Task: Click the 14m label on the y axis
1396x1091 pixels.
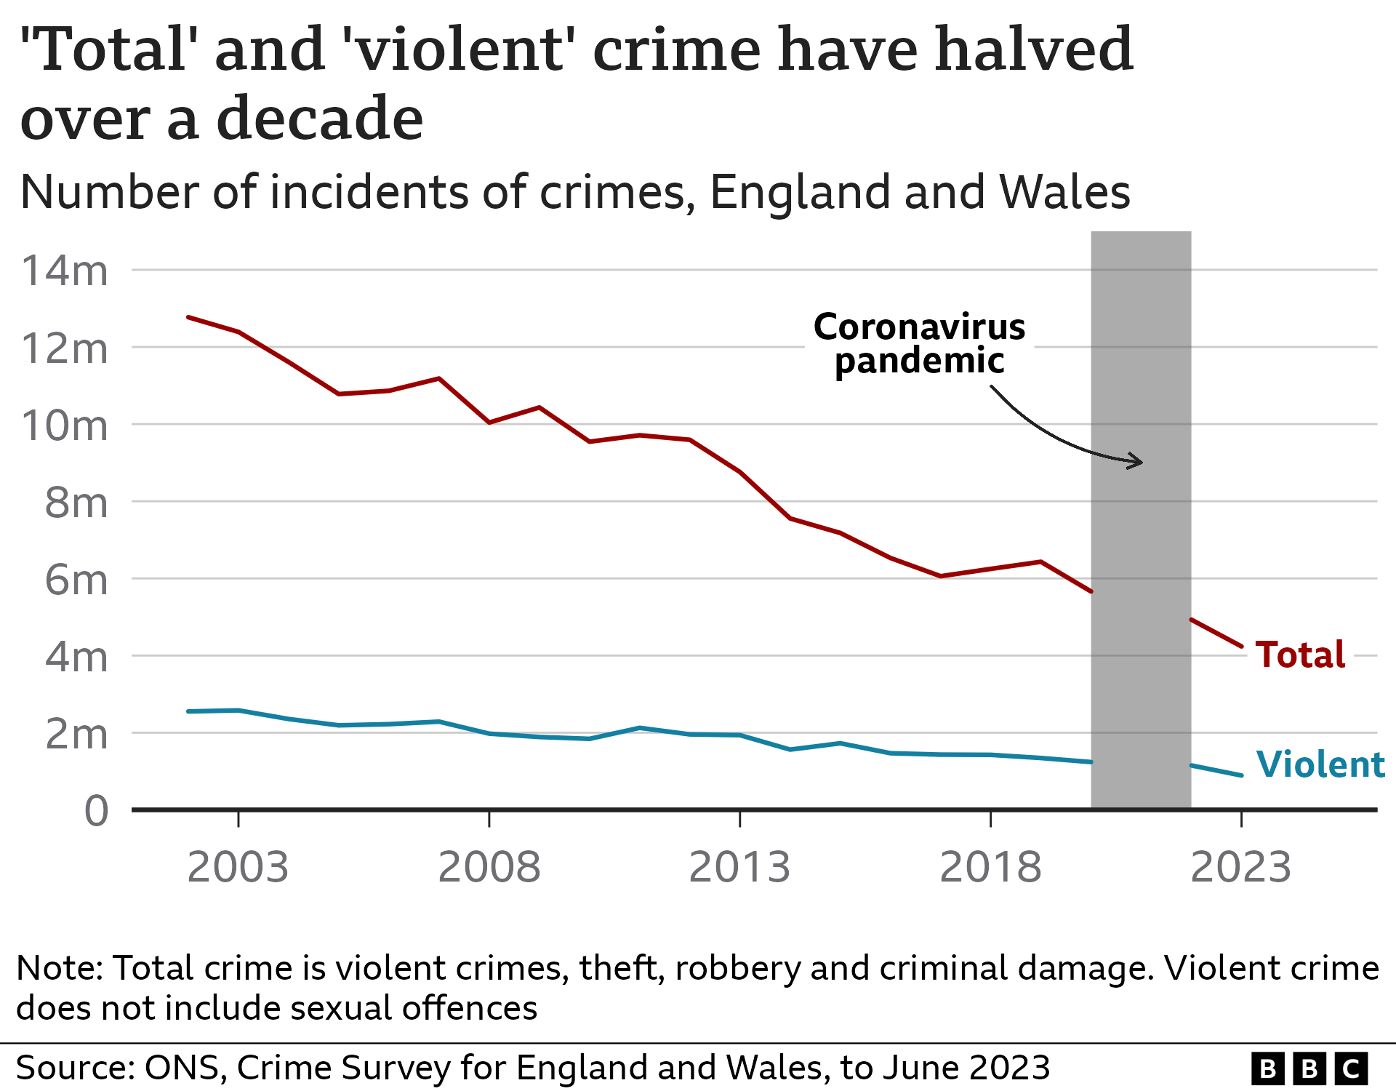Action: (x=65, y=271)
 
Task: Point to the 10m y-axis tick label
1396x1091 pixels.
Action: (x=65, y=425)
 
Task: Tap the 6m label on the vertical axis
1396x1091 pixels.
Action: (x=76, y=580)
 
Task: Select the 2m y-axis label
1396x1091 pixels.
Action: (x=76, y=735)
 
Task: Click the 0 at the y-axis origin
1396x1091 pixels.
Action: (x=96, y=810)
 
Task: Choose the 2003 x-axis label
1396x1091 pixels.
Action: (x=238, y=867)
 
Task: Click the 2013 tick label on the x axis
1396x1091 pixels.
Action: (x=739, y=867)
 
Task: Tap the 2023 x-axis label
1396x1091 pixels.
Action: (x=1240, y=867)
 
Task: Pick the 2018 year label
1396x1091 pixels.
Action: (x=990, y=867)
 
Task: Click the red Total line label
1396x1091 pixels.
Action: (x=1300, y=654)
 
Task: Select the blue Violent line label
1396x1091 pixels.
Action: (x=1320, y=764)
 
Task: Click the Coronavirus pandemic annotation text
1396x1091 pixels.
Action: (x=919, y=343)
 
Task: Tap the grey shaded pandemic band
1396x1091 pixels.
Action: (x=1141, y=655)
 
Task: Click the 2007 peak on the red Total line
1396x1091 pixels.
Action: (x=438, y=378)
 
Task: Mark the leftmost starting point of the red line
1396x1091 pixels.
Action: (x=188, y=317)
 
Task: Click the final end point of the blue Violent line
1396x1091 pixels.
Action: (x=1241, y=775)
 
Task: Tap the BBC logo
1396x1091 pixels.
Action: (x=1309, y=1068)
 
